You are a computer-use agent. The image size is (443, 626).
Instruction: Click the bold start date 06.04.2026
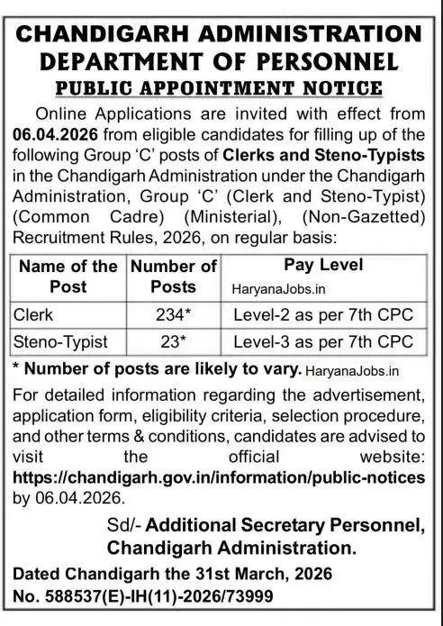click(x=65, y=133)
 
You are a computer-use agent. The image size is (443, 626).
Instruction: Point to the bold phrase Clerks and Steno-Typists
click(x=299, y=153)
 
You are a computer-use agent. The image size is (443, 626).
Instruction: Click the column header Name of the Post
click(x=68, y=276)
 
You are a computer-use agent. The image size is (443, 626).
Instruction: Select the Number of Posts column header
click(x=174, y=276)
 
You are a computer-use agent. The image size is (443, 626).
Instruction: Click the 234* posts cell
click(x=174, y=315)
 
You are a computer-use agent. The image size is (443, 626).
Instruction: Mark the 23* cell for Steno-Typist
click(x=174, y=341)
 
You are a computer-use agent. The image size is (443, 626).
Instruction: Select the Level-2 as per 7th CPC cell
click(x=322, y=315)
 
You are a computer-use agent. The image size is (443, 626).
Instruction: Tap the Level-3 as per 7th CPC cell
click(x=322, y=341)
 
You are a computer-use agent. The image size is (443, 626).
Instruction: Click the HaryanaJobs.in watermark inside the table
click(x=275, y=286)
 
